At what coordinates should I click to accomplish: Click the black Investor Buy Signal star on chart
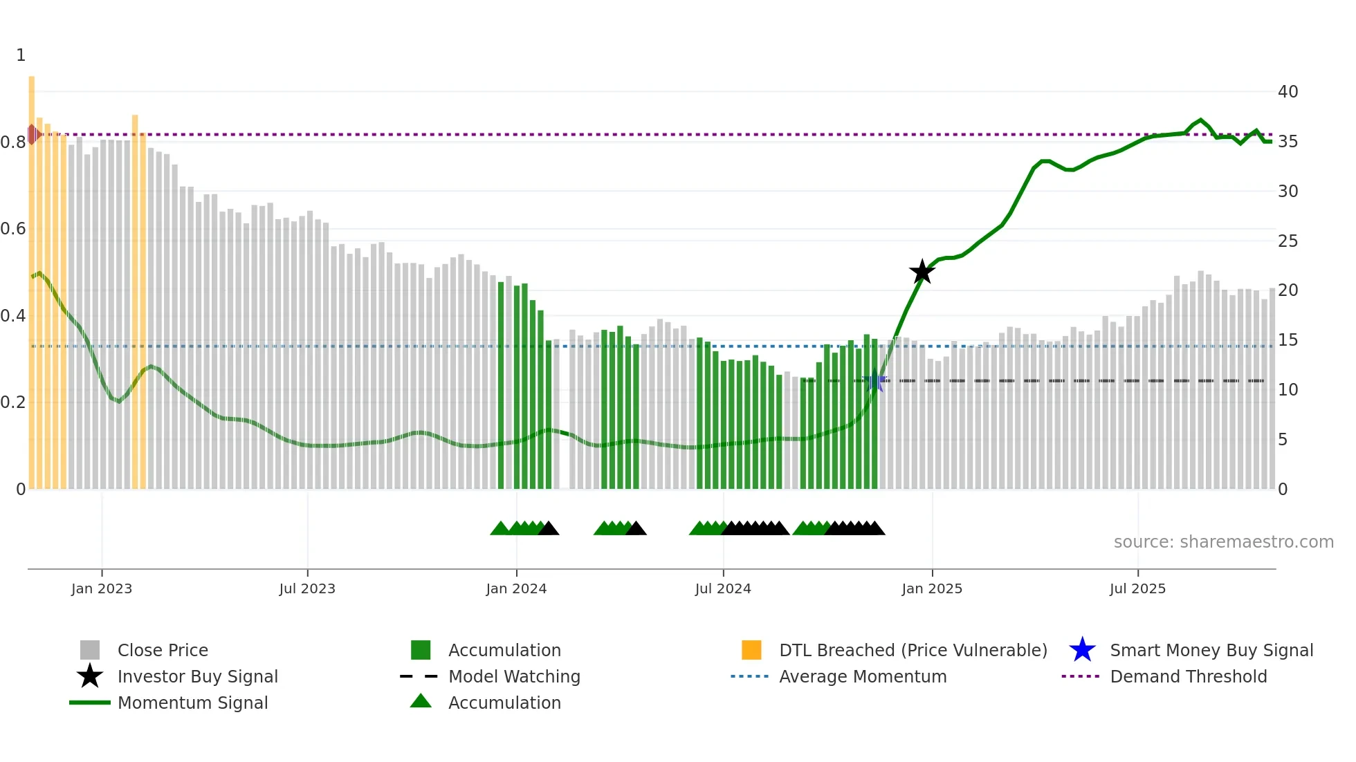pyautogui.click(x=922, y=272)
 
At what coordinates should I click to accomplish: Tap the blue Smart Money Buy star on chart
pyautogui.click(x=875, y=380)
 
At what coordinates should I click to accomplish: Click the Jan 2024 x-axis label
pyautogui.click(x=516, y=588)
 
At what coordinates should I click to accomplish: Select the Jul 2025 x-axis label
pyautogui.click(x=1137, y=588)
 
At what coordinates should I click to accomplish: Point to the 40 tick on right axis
pyautogui.click(x=1288, y=92)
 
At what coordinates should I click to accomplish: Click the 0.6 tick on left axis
pyautogui.click(x=13, y=229)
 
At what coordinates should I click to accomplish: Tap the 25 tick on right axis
pyautogui.click(x=1288, y=241)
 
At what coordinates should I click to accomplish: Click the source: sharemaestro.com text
pyautogui.click(x=1223, y=542)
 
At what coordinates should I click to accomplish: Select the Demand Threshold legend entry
pyautogui.click(x=1188, y=676)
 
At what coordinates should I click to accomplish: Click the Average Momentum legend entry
pyautogui.click(x=862, y=676)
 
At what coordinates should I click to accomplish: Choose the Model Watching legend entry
pyautogui.click(x=514, y=676)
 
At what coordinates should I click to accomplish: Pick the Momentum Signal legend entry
pyautogui.click(x=192, y=703)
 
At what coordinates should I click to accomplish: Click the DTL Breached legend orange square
pyautogui.click(x=751, y=650)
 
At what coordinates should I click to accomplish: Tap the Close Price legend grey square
pyautogui.click(x=90, y=650)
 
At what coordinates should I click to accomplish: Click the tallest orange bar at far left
pyautogui.click(x=32, y=277)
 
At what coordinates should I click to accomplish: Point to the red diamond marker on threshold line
pyautogui.click(x=33, y=134)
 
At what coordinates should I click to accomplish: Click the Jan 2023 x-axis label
pyautogui.click(x=102, y=588)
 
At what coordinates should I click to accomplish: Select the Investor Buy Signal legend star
pyautogui.click(x=90, y=676)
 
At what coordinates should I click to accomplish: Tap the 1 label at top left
pyautogui.click(x=21, y=55)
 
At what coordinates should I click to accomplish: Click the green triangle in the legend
pyautogui.click(x=421, y=701)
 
